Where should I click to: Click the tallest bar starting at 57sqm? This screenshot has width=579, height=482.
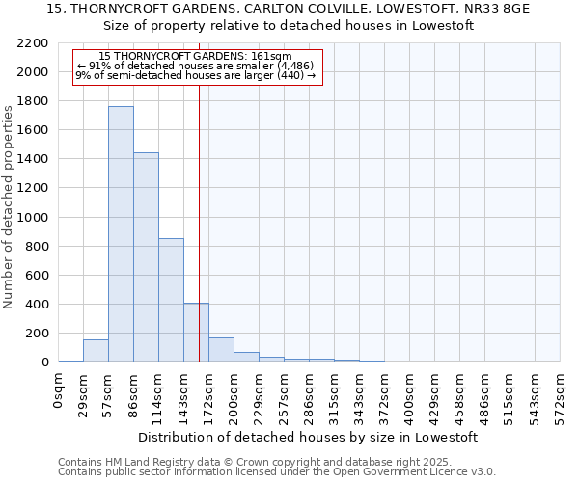click(x=121, y=234)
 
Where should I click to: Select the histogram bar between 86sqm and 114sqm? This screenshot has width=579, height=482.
click(x=146, y=257)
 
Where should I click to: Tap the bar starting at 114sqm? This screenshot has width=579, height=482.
click(x=171, y=300)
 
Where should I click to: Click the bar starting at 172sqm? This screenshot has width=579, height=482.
click(x=221, y=350)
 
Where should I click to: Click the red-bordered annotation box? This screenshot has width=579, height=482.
click(x=197, y=67)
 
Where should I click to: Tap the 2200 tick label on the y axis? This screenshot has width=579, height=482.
click(x=34, y=43)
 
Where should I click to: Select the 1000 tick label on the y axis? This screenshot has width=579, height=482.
click(x=34, y=218)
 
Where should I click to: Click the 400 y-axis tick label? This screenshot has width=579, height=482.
click(x=37, y=305)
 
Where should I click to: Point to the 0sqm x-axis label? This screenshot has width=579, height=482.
click(x=59, y=389)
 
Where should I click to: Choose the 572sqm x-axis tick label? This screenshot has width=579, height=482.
click(x=561, y=394)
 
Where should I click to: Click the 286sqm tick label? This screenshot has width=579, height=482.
click(x=310, y=394)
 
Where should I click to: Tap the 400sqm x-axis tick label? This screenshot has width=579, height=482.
click(x=410, y=394)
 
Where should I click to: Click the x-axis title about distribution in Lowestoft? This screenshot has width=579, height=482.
click(x=308, y=437)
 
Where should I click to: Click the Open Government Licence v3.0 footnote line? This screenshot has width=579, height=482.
click(x=277, y=471)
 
